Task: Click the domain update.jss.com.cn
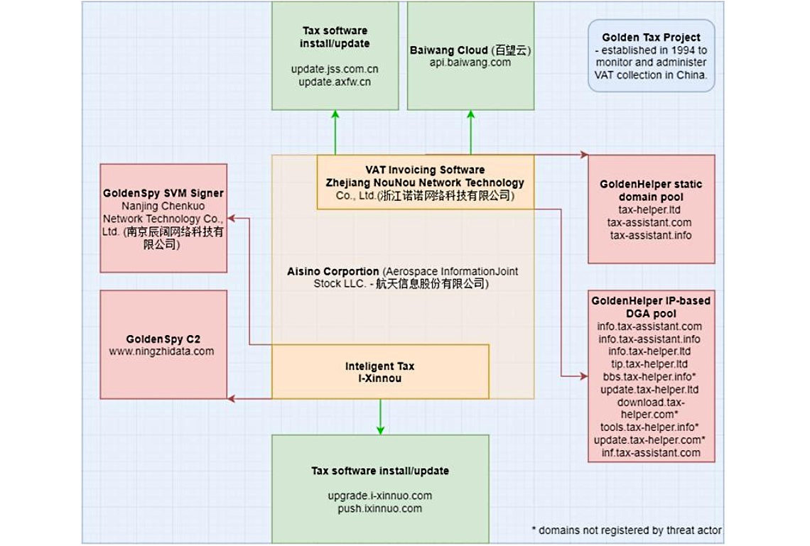(x=335, y=69)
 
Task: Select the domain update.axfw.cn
(x=335, y=82)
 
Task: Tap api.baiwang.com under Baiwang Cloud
(x=470, y=62)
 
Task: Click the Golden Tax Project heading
(x=651, y=38)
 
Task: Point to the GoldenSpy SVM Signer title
(x=163, y=193)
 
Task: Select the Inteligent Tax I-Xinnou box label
(x=380, y=372)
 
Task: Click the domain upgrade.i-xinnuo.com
(x=380, y=496)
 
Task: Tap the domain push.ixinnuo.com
(x=380, y=508)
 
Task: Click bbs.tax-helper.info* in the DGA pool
(x=649, y=377)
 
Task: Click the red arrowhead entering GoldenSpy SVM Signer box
(x=232, y=219)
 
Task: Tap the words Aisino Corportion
(x=333, y=271)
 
